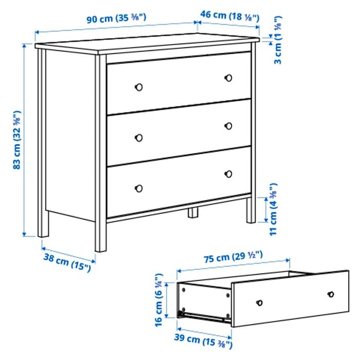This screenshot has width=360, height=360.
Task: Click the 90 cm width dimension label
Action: point(116,19)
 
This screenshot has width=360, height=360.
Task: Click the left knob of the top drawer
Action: point(138,86)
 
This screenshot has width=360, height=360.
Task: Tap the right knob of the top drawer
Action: point(229,78)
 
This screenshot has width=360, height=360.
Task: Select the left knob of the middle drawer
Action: point(138,137)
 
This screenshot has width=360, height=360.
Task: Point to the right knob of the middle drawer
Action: point(229,126)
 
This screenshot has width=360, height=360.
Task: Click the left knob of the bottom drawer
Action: point(138,188)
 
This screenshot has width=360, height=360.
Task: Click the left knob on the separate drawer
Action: point(260,302)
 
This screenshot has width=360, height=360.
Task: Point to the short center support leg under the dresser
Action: point(193,212)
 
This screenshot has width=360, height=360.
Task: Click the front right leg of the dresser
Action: point(251,211)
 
